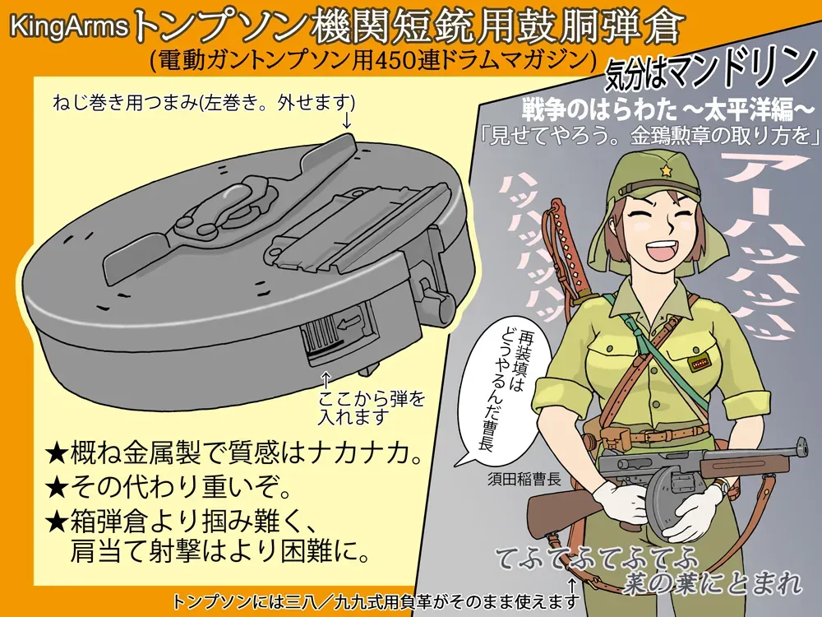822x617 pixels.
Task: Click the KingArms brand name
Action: [69, 27]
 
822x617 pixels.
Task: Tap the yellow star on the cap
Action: [667, 170]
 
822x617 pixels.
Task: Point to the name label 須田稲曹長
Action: [524, 479]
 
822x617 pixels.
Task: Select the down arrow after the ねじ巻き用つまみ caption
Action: [347, 119]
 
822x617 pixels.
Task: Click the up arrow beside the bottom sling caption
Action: [572, 586]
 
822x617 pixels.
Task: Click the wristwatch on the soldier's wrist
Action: [724, 489]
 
